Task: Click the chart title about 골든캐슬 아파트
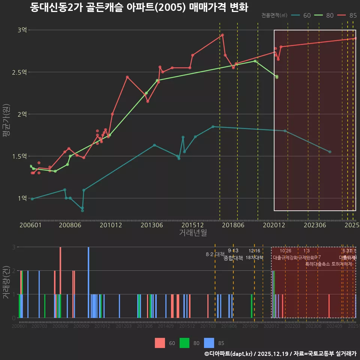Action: pyautogui.click(x=139, y=7)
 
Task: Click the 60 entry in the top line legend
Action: pyautogui.click(x=301, y=15)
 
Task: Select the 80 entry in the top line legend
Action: pyautogui.click(x=324, y=15)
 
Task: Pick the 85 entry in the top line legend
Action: pyautogui.click(x=348, y=15)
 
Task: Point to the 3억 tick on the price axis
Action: pyautogui.click(x=22, y=30)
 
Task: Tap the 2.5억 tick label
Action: pyautogui.click(x=19, y=72)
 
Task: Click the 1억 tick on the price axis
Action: pyautogui.click(x=22, y=198)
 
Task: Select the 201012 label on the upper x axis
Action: pyautogui.click(x=111, y=225)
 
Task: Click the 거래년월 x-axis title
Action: pyautogui.click(x=193, y=233)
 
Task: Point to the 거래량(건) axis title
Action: pyautogui.click(x=6, y=282)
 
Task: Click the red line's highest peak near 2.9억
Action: pyautogui.click(x=222, y=35)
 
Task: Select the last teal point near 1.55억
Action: pyautogui.click(x=330, y=152)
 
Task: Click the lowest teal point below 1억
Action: pyautogui.click(x=82, y=210)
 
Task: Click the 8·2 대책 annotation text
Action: pyautogui.click(x=215, y=254)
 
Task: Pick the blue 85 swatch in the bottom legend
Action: pyautogui.click(x=209, y=343)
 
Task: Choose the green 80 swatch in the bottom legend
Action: pyautogui.click(x=184, y=343)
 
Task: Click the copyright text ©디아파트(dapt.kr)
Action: pyautogui.click(x=229, y=354)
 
